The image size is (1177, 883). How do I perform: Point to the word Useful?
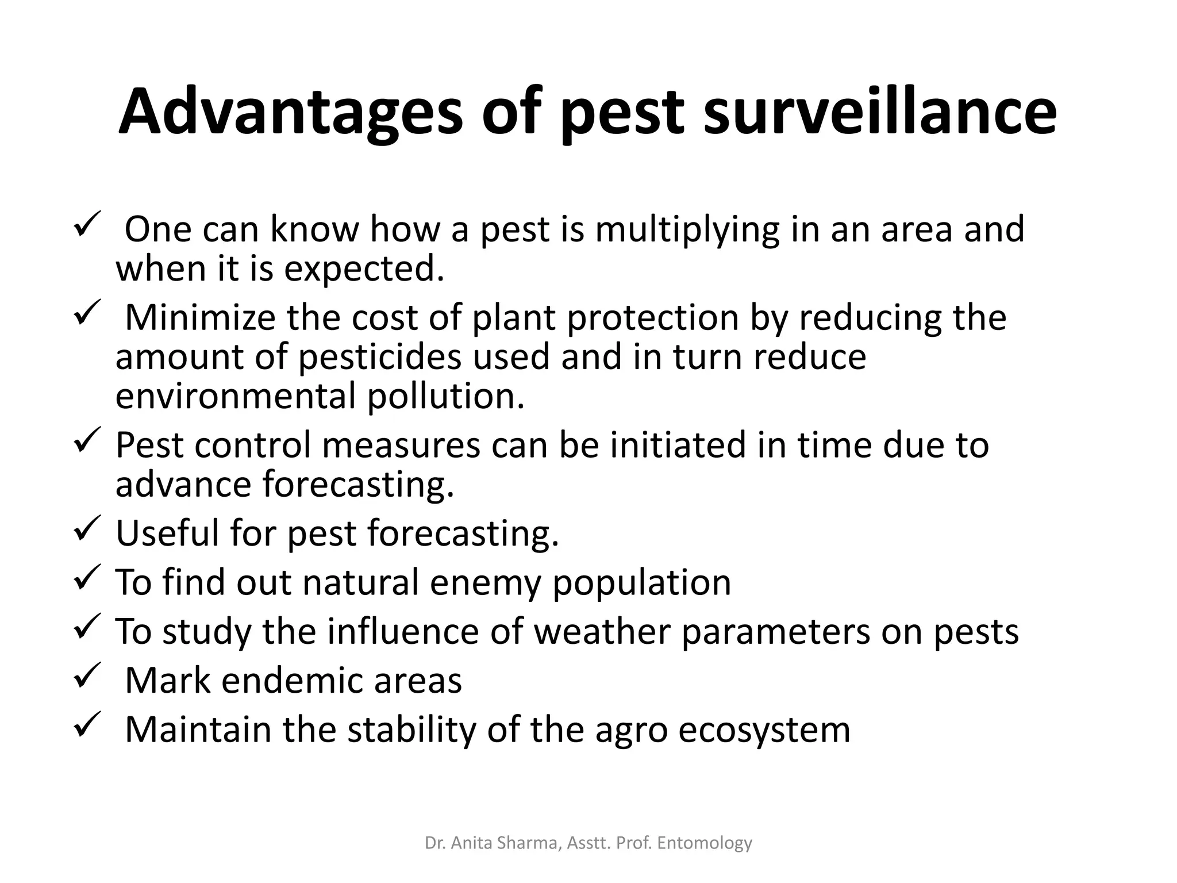point(167,533)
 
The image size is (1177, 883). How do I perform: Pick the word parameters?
point(776,631)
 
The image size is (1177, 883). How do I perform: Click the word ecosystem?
point(764,730)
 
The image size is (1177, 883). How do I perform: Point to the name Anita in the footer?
point(475,843)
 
